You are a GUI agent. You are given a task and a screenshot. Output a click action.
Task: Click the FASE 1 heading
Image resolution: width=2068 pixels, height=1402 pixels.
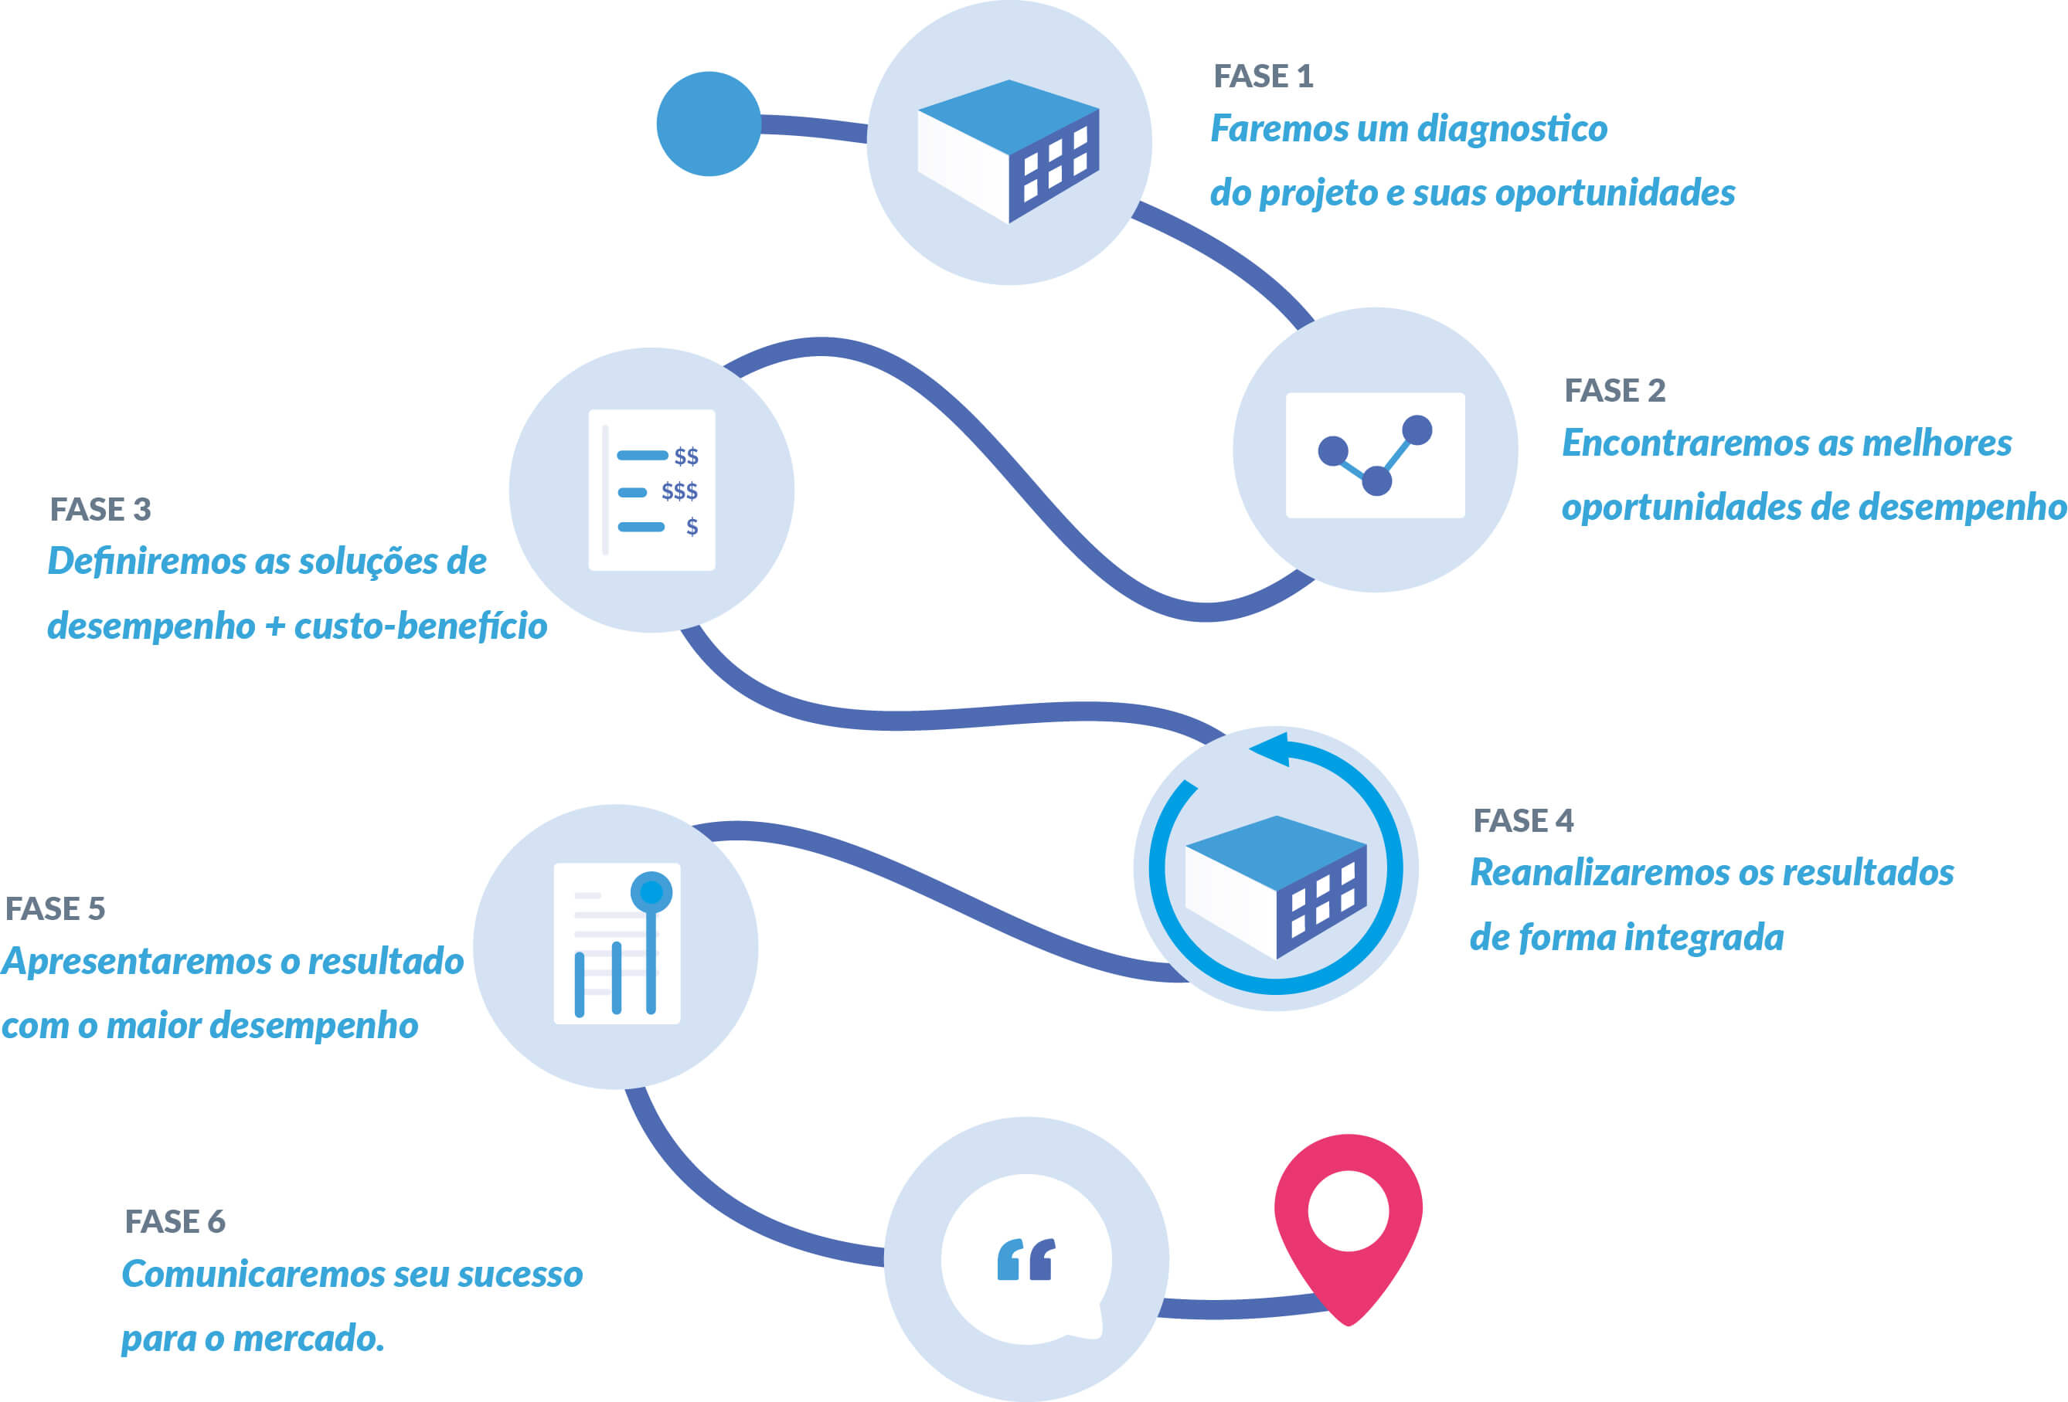[x=1263, y=76]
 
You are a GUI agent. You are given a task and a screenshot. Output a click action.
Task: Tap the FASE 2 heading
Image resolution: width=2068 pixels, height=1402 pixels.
[x=1614, y=391]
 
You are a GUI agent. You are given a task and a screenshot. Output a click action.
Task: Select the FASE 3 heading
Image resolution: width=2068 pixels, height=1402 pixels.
[x=100, y=510]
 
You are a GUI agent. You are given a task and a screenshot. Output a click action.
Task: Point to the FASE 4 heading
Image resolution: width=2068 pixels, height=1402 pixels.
[x=1522, y=820]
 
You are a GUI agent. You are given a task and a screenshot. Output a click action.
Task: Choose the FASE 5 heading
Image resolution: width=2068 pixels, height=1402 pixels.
[x=55, y=908]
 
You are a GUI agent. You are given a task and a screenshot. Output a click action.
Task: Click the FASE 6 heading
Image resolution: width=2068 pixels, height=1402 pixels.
[x=175, y=1221]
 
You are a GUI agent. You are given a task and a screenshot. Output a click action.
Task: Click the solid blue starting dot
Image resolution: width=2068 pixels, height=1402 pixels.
[x=709, y=124]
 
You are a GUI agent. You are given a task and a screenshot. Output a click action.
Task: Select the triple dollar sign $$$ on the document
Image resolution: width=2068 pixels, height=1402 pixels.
[x=679, y=491]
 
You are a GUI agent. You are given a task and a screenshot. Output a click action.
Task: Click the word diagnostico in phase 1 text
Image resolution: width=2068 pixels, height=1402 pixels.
[x=1512, y=129]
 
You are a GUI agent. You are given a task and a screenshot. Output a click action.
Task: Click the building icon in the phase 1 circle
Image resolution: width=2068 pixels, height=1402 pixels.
[x=1008, y=151]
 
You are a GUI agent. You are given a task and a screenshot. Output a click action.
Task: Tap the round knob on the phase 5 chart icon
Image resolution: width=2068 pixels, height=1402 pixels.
[x=651, y=891]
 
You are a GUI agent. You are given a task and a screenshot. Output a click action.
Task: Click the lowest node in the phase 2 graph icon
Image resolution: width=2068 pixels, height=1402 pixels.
[x=1376, y=481]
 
